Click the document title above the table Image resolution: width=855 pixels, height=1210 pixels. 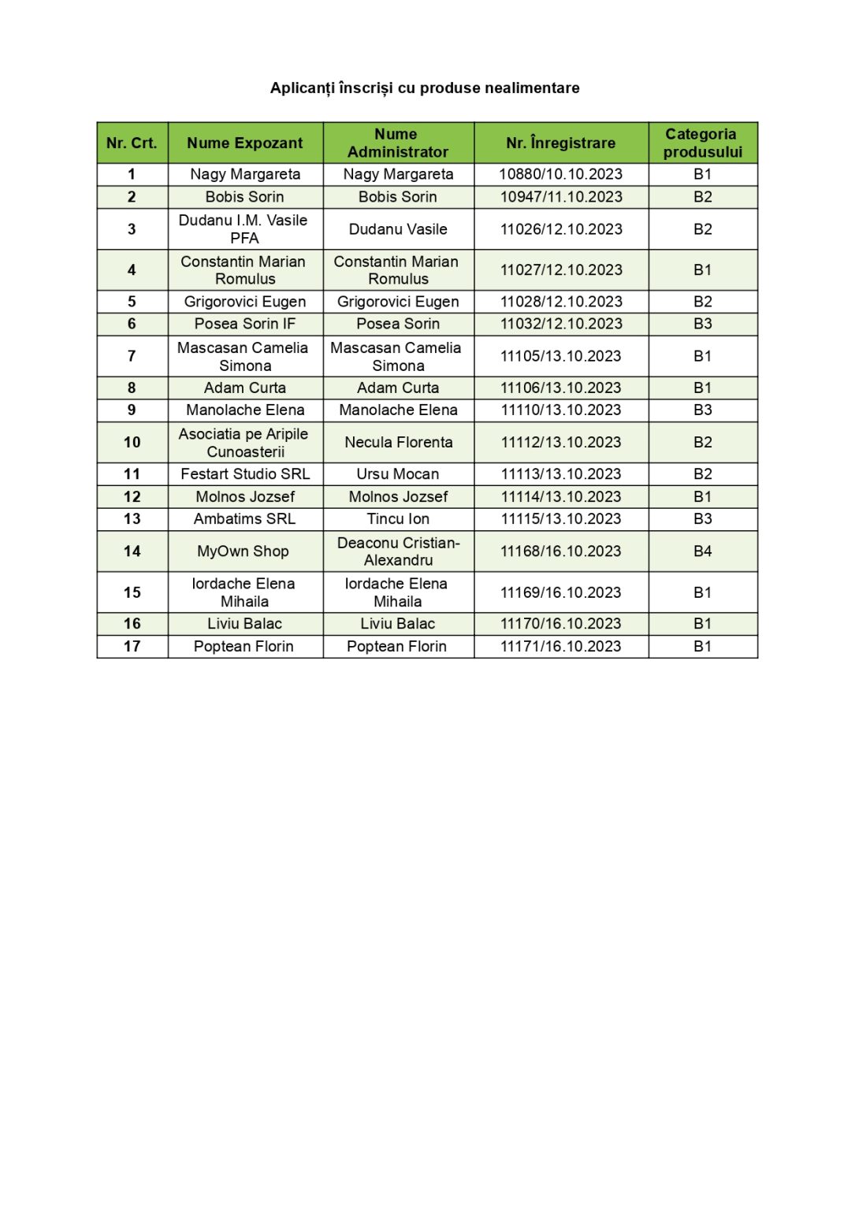425,88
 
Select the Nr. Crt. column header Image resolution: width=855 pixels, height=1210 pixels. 132,143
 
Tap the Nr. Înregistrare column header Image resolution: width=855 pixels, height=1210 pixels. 560,143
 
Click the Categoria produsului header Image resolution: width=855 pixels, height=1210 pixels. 702,143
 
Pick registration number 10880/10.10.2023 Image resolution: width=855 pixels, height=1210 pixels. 560,174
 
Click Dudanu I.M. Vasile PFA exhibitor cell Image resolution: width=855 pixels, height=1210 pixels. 244,229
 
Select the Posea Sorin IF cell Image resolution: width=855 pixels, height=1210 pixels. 244,324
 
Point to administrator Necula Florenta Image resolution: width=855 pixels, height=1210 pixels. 398,443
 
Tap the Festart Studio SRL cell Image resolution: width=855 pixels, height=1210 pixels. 244,474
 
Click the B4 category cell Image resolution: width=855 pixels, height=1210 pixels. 702,551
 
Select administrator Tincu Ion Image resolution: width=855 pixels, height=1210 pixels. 398,519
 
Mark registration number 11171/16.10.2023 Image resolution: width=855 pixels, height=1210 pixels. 560,647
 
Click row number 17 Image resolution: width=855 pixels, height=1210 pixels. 132,647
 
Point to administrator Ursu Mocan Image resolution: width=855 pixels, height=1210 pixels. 398,474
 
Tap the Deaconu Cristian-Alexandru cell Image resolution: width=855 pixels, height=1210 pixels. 398,551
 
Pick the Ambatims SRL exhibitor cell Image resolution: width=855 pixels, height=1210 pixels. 244,519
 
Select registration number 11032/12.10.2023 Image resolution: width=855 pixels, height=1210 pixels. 560,324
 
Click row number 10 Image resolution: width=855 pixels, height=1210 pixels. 132,443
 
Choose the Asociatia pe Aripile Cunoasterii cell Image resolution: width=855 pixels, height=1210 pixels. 244,443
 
